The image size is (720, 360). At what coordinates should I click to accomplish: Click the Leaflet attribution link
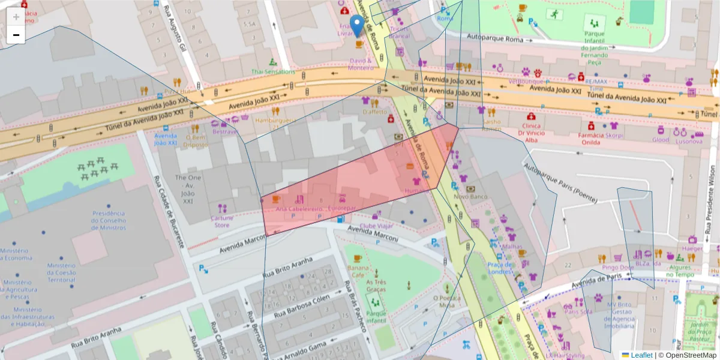[x=641, y=355]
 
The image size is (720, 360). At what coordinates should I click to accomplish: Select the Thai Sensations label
[x=274, y=71]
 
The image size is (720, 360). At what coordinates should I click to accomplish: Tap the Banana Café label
[x=358, y=271]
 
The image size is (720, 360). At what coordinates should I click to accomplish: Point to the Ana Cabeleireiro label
[x=299, y=209]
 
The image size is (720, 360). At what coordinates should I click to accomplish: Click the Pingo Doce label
[x=617, y=267]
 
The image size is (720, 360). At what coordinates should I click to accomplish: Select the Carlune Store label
[x=222, y=221]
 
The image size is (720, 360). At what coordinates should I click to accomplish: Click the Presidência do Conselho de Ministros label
[x=108, y=220]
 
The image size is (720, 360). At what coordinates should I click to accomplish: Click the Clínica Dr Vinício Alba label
[x=531, y=133]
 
